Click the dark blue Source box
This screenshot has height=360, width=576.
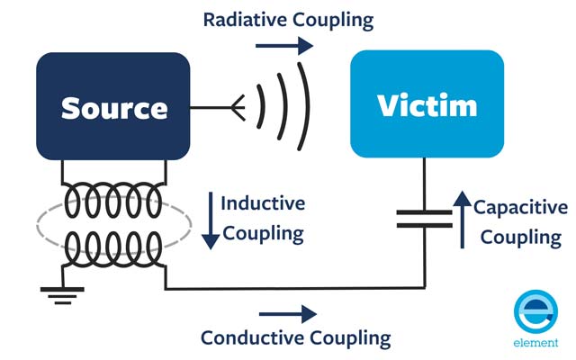pyautogui.click(x=113, y=106)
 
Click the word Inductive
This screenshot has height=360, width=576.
pyautogui.click(x=263, y=203)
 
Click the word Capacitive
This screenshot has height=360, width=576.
pyautogui.click(x=520, y=208)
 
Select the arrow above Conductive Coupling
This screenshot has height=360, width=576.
pyautogui.click(x=287, y=314)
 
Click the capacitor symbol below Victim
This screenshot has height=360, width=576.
pyautogui.click(x=424, y=219)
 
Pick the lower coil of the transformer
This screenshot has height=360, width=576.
pyautogui.click(x=113, y=245)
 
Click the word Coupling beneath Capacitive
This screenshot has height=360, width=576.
pyautogui.click(x=521, y=238)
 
